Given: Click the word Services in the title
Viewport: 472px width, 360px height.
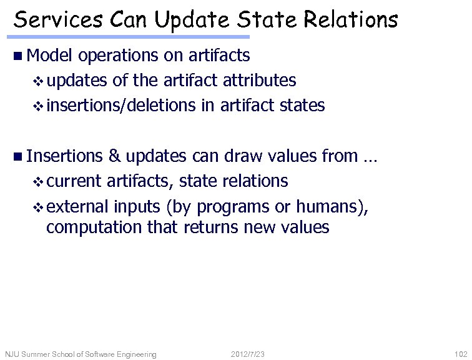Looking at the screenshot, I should coord(59,20).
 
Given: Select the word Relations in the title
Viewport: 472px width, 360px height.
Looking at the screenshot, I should coord(351,20).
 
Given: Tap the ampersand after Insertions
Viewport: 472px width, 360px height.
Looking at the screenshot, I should coord(114,156).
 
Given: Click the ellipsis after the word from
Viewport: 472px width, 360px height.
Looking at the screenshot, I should coord(370,157).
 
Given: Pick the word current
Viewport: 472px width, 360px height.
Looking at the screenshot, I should coord(74,181).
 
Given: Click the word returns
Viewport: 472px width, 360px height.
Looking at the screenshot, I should coord(212,227).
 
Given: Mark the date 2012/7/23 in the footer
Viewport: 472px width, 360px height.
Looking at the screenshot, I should coord(247,354).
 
